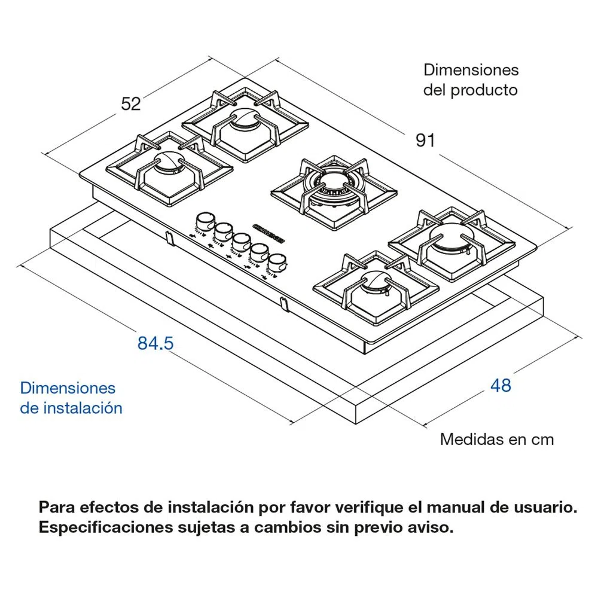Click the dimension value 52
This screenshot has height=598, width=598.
tap(131, 103)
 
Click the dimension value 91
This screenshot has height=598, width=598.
tap(425, 141)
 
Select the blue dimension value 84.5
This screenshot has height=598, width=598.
tap(155, 344)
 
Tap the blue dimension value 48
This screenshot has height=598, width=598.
tap(501, 386)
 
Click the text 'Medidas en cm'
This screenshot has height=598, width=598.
tap(497, 440)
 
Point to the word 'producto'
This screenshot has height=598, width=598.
tap(484, 90)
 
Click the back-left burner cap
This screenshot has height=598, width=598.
tap(243, 119)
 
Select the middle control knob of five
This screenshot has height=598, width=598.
tap(242, 241)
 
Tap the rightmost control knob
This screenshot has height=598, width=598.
tap(277, 261)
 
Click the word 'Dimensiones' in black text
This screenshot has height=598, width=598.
tap(471, 69)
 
